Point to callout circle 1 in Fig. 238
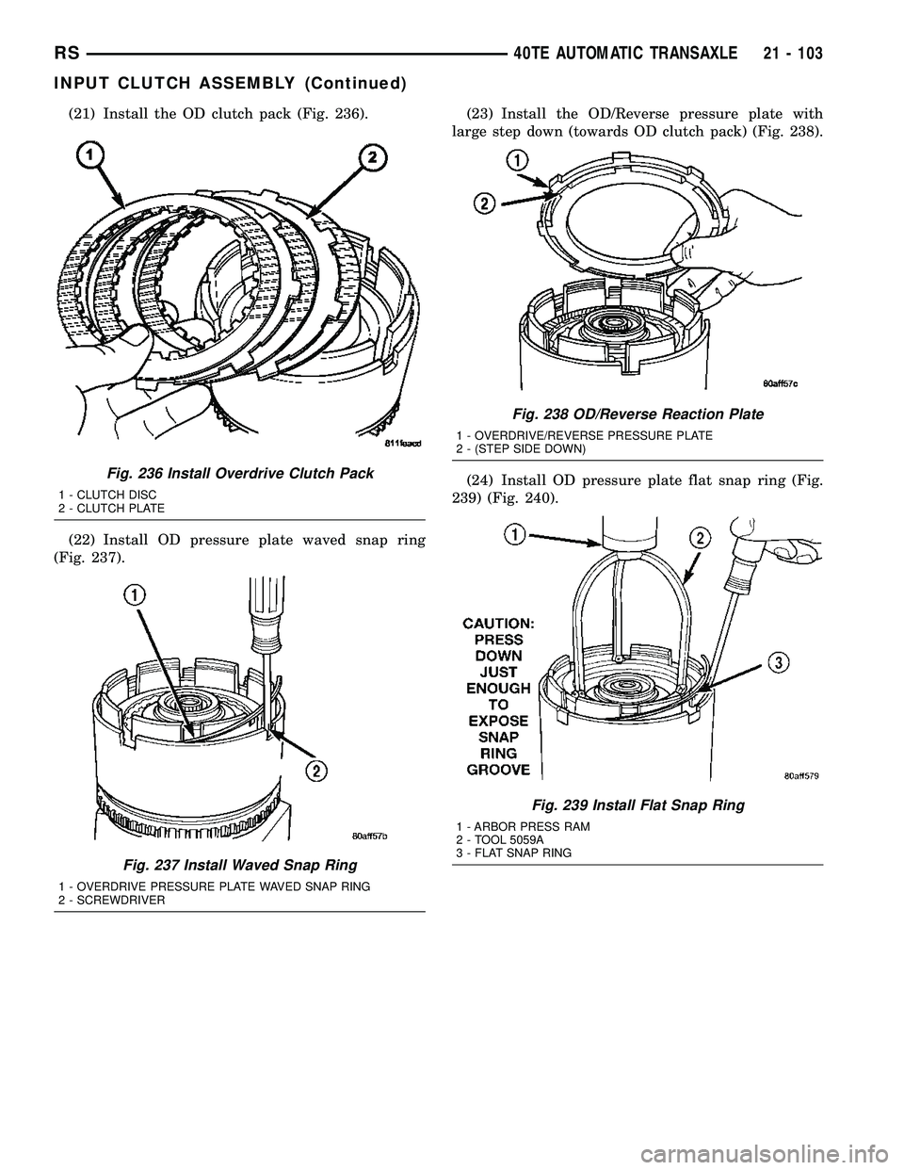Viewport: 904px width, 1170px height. [516, 161]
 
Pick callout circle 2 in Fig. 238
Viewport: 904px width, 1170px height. [486, 203]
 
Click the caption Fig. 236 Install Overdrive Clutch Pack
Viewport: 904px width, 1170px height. [236, 474]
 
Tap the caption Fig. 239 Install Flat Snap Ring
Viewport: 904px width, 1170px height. [638, 805]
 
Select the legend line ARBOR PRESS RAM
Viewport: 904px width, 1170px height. [523, 828]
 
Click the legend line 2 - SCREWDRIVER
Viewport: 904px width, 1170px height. [112, 900]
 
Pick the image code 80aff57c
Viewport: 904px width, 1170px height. [780, 382]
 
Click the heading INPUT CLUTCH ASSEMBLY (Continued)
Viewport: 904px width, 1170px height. [230, 84]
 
